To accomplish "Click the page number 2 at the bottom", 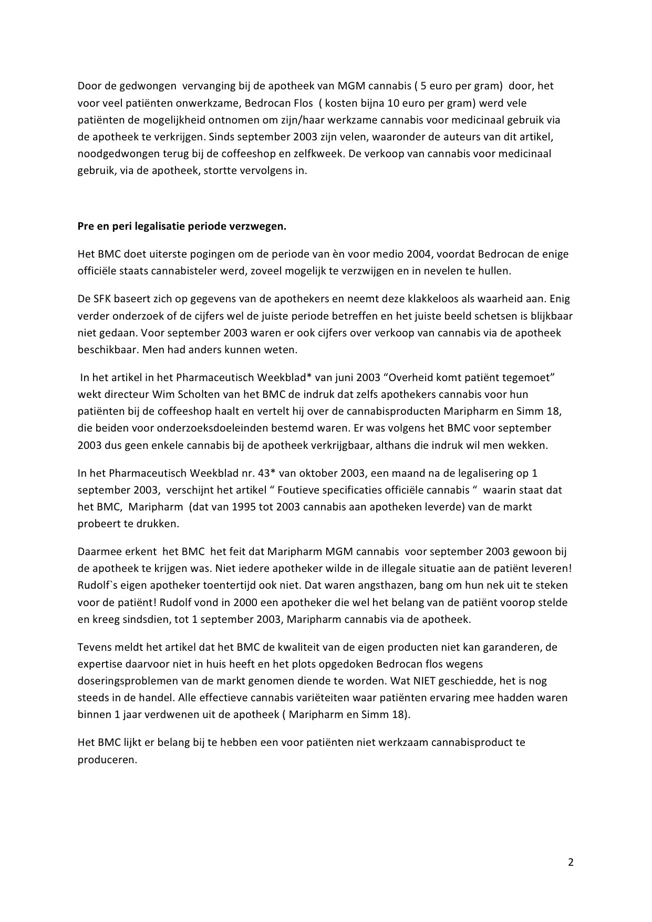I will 571,863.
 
